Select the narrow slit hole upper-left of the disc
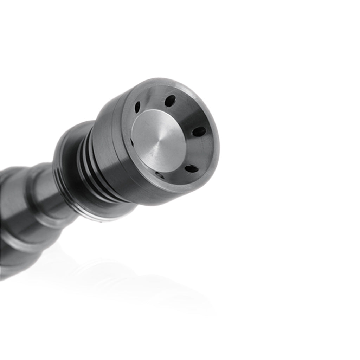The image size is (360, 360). click(x=137, y=107)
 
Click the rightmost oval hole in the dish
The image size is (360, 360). click(x=199, y=131)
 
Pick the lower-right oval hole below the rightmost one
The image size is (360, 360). click(x=191, y=169)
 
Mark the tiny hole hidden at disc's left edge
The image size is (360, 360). click(x=131, y=142)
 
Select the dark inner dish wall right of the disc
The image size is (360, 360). click(x=202, y=151)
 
